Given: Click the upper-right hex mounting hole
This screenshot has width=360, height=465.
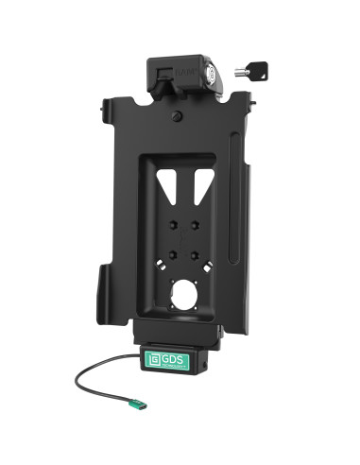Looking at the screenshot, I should [194, 225].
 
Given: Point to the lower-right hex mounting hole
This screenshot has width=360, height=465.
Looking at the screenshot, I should [194, 253].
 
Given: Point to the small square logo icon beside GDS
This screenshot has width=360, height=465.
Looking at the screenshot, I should [154, 360].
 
